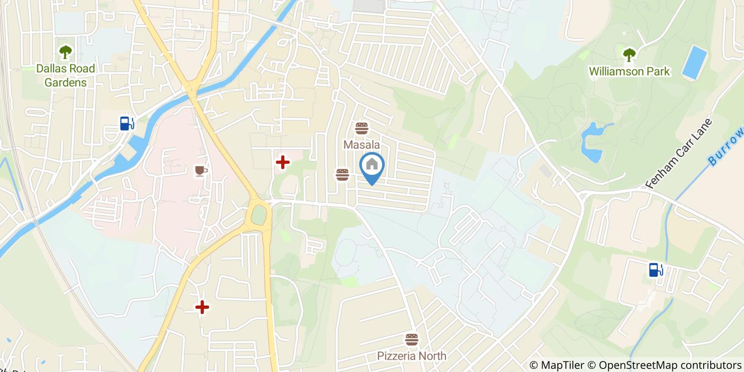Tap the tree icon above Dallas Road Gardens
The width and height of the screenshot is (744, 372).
pyautogui.click(x=66, y=52)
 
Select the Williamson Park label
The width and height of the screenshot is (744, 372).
pyautogui.click(x=629, y=71)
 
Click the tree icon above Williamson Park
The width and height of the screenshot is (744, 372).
pyautogui.click(x=629, y=54)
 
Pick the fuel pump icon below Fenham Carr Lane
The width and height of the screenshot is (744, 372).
pyautogui.click(x=656, y=269)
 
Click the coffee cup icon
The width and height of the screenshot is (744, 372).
pyautogui.click(x=200, y=170)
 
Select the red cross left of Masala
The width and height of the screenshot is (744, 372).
pyautogui.click(x=282, y=162)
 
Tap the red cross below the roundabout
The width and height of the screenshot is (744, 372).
pyautogui.click(x=202, y=307)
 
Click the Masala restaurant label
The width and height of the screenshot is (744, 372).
pyautogui.click(x=361, y=145)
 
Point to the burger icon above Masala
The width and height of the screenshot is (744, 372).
pyautogui.click(x=362, y=128)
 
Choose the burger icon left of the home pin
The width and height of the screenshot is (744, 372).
pyautogui.click(x=342, y=174)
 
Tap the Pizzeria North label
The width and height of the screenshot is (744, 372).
pyautogui.click(x=412, y=356)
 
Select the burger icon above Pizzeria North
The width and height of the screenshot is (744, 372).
pyautogui.click(x=411, y=339)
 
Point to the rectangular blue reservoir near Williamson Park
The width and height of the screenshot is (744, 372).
pyautogui.click(x=694, y=63)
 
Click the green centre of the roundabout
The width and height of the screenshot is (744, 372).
pyautogui.click(x=259, y=215)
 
